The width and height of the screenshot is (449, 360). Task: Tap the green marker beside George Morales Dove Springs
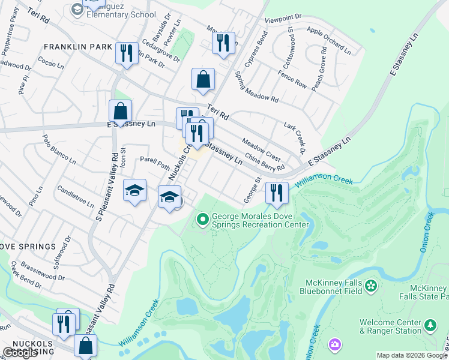point(203,220)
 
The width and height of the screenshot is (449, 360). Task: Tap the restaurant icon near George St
point(277,193)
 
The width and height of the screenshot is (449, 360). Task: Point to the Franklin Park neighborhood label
point(78,47)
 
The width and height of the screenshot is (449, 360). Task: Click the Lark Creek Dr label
point(294,136)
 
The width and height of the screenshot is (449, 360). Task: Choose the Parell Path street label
point(155,163)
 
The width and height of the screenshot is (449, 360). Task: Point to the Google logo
point(20,353)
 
